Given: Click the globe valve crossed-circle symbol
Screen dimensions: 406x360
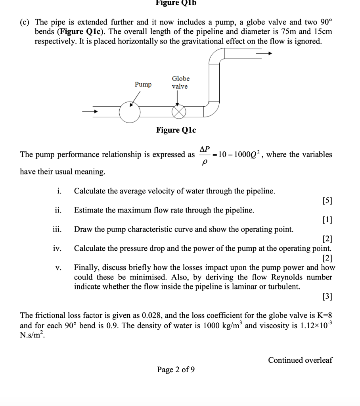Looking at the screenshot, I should (179, 112).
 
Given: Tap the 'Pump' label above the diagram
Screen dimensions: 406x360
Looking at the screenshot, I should (143, 84).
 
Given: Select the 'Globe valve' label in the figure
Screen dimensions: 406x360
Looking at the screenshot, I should (180, 82).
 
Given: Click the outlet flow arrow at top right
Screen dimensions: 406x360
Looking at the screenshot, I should (263, 53).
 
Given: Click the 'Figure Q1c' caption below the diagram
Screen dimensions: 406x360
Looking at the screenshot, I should (176, 130).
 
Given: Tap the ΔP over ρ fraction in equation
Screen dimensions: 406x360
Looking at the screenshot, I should (205, 155).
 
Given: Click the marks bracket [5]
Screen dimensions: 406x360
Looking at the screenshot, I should (327, 201).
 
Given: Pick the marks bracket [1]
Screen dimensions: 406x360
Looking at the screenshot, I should (327, 220).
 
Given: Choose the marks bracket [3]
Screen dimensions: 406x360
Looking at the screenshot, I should (327, 296).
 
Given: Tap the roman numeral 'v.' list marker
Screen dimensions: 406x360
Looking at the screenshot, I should (59, 268).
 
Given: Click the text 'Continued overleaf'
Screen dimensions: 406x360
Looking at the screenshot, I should (300, 360).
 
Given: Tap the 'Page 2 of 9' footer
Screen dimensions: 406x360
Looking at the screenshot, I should (176, 370).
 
